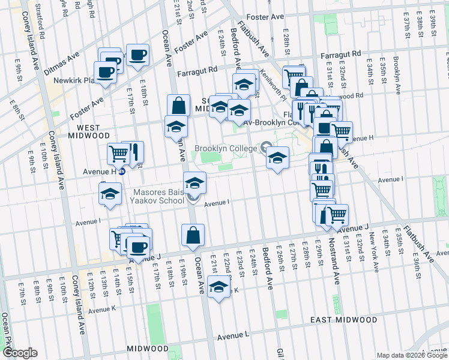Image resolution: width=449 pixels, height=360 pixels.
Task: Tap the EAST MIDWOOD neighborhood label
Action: pos(344,320)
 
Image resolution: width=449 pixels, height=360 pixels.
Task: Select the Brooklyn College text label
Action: pos(225,148)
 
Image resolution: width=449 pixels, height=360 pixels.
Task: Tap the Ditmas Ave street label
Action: pos(62,63)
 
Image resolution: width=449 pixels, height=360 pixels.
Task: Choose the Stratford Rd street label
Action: pos(39,11)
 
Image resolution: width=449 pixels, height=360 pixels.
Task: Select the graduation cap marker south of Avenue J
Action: pos(218,287)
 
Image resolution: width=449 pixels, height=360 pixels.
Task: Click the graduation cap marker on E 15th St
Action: pos(110,194)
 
